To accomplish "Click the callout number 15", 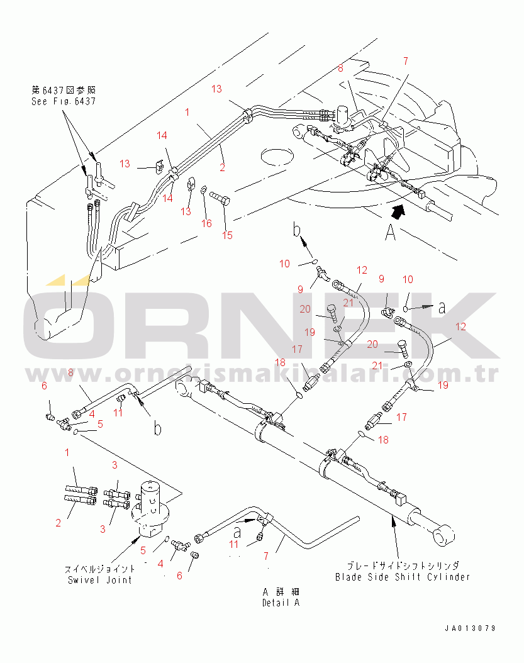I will [x=227, y=235].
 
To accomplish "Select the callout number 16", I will [x=207, y=223].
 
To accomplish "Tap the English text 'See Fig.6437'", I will [x=64, y=101].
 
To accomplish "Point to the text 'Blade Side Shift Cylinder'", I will [x=402, y=577].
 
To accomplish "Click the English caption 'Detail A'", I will [x=281, y=603].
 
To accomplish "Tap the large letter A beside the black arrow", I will [x=390, y=233].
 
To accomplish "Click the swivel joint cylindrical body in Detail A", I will [x=150, y=503].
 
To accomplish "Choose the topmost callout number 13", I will [x=216, y=89].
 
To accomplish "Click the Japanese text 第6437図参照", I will [x=64, y=90].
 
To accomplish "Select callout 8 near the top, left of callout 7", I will [x=340, y=68].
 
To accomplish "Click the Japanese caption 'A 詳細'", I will [x=281, y=592].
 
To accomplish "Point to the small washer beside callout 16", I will [x=203, y=191].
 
